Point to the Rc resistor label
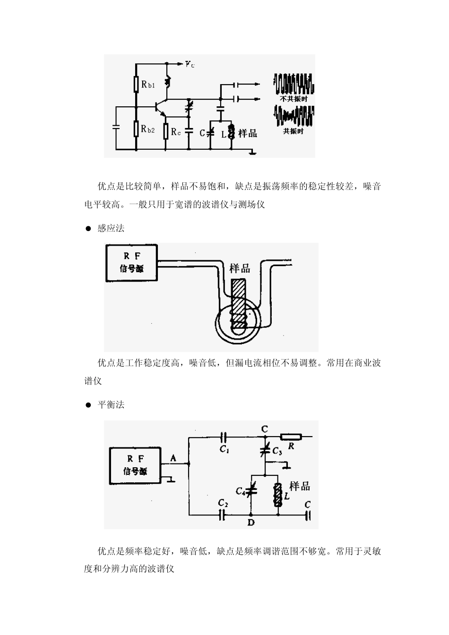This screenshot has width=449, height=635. point(176,132)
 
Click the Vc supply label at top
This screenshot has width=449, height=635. point(190,64)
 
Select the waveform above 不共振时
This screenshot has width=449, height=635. point(294,84)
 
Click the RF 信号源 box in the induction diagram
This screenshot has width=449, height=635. point(131,263)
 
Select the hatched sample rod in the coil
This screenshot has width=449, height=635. point(238,302)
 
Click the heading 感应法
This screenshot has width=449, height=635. point(111,228)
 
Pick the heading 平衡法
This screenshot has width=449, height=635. point(111,405)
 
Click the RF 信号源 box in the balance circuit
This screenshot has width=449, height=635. point(135,465)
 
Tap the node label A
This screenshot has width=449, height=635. point(173,457)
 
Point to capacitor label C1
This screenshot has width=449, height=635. point(224,449)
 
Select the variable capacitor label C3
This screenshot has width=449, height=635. point(277,452)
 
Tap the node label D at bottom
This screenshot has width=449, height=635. point(251,523)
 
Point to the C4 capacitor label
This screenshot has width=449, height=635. point(240,492)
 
